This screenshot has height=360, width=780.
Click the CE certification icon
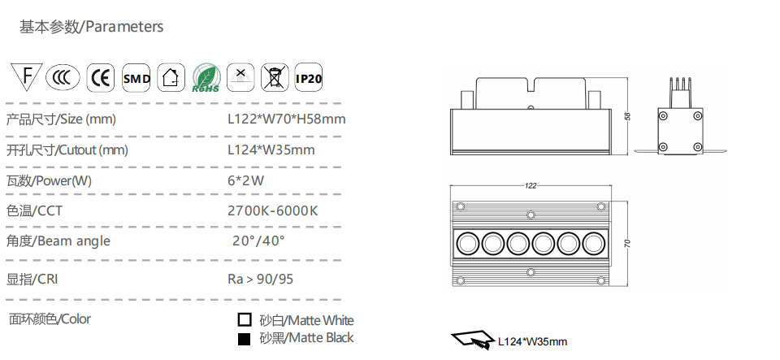[101, 78]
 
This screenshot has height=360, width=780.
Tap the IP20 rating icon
[309, 77]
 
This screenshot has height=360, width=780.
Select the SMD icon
[136, 78]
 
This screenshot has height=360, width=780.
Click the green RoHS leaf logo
[206, 78]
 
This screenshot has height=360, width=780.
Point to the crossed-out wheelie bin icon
[275, 77]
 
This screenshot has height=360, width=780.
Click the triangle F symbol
[27, 76]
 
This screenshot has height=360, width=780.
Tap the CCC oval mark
[63, 78]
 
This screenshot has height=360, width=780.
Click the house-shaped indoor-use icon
[171, 77]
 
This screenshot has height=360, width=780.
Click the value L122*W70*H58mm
[287, 119]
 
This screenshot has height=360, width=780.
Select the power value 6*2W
[245, 180]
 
